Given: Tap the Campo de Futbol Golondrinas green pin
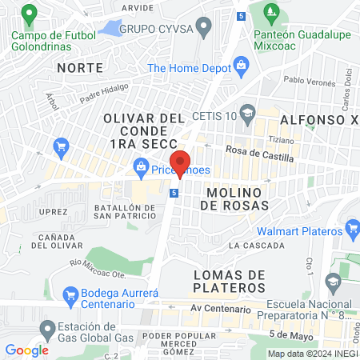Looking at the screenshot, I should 30,14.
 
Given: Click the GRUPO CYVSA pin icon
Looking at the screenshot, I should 205,28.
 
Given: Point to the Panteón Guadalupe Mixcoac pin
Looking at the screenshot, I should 270,14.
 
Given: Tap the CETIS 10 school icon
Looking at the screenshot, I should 247,111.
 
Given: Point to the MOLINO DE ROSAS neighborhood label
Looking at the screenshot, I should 234,199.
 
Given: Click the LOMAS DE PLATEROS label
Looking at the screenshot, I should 230,282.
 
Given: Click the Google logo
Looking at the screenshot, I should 27,350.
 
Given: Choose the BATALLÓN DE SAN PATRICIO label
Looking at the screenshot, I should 125,212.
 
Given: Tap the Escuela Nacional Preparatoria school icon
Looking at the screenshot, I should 334,282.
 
